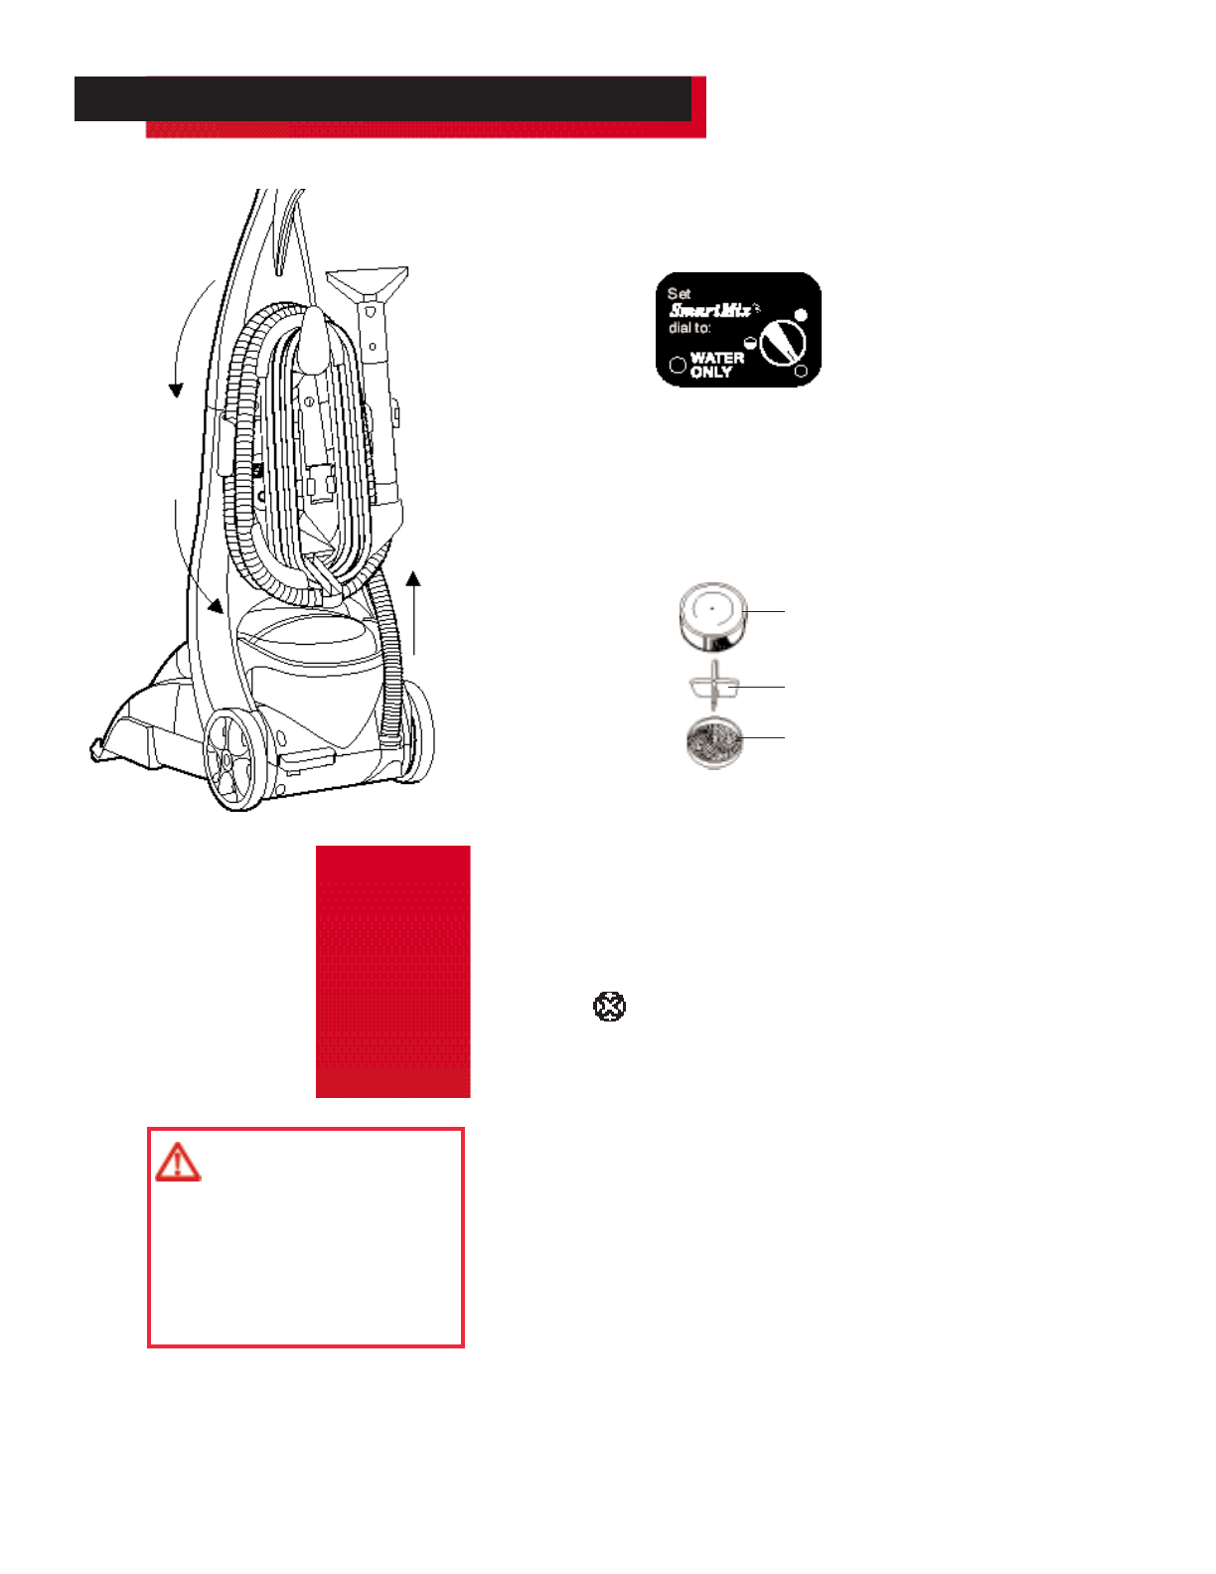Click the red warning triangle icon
pyautogui.click(x=178, y=1162)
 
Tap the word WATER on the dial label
pyautogui.click(x=717, y=358)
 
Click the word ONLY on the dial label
pyautogui.click(x=711, y=373)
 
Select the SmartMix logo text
pyautogui.click(x=710, y=310)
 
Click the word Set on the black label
pyautogui.click(x=680, y=293)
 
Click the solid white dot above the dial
pyautogui.click(x=801, y=315)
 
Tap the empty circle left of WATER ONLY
pyautogui.click(x=678, y=365)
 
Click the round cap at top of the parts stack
pyautogui.click(x=712, y=615)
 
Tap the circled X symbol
pyautogui.click(x=609, y=1007)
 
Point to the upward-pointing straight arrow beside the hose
pyautogui.click(x=413, y=611)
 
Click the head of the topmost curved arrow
pyautogui.click(x=176, y=389)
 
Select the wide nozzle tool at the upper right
pyautogui.click(x=369, y=283)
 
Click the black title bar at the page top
pyautogui.click(x=382, y=99)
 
